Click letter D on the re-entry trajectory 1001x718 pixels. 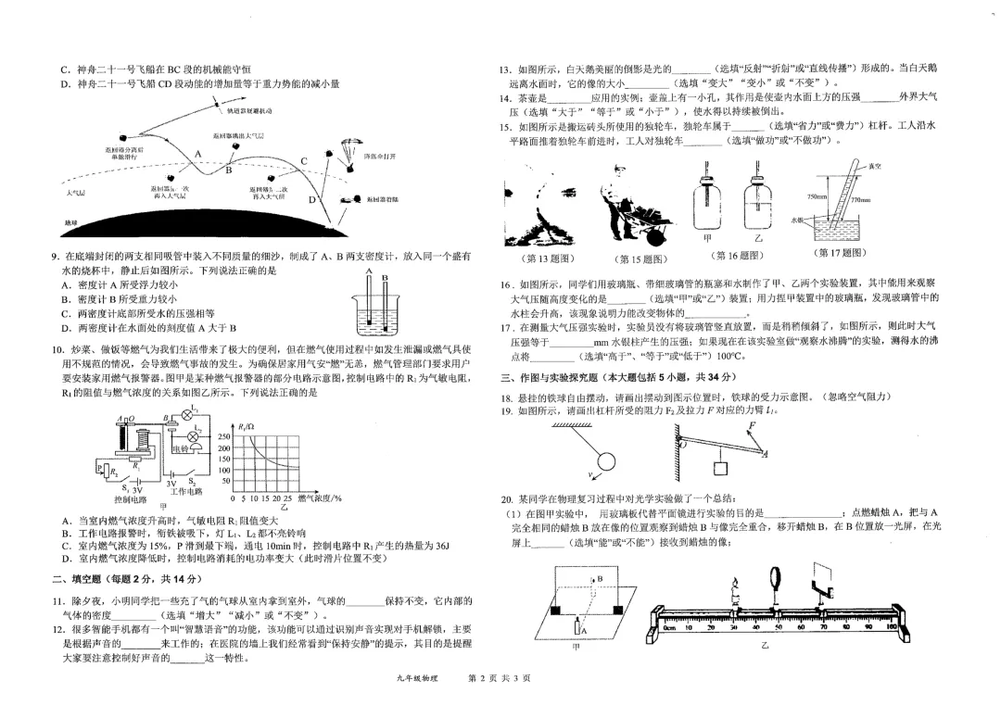coord(312,199)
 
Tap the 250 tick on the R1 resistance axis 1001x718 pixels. coord(224,437)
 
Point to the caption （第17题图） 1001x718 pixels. coord(839,253)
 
